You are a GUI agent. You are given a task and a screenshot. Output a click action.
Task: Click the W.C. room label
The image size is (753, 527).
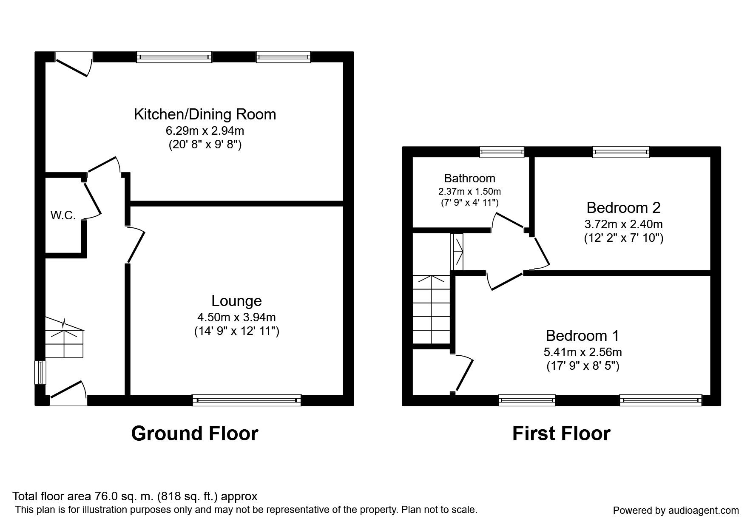click(x=63, y=215)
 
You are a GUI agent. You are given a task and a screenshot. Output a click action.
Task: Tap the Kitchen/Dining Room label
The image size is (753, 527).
click(x=205, y=114)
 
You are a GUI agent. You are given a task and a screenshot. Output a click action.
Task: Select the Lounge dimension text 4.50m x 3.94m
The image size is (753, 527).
click(x=236, y=317)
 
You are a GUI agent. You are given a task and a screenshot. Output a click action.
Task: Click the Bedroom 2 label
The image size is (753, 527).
click(x=623, y=207)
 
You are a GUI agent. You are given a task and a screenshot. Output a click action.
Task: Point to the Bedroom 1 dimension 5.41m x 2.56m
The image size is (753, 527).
click(x=583, y=352)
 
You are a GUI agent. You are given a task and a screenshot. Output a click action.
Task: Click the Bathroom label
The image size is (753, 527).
click(x=469, y=178)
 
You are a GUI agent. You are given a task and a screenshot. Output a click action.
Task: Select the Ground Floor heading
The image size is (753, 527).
click(x=195, y=433)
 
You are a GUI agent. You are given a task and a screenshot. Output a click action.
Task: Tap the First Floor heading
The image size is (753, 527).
click(x=561, y=433)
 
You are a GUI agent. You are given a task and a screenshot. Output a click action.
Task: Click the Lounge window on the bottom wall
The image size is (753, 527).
click(x=247, y=400)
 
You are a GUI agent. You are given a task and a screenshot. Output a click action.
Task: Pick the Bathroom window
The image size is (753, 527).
click(x=502, y=152)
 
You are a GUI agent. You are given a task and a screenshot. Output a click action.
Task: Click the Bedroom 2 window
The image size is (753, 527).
click(x=621, y=152)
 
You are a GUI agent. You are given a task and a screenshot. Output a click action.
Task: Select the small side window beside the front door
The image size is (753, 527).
click(x=40, y=372)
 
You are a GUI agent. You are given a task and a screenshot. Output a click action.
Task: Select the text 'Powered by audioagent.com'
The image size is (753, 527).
click(x=676, y=510)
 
